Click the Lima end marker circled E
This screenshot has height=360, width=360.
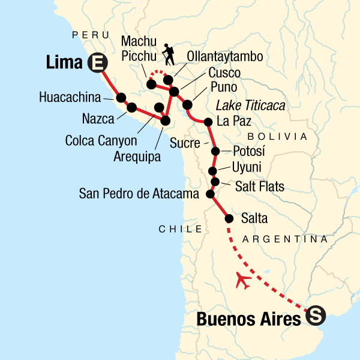coord(95,62)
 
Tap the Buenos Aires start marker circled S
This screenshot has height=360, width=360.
coord(315,315)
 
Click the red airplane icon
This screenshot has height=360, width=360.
coord(244,280)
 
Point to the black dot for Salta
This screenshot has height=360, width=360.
coord(229,219)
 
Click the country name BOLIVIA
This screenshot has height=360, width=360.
coord(272,136)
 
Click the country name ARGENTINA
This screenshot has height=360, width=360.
coord(285,239)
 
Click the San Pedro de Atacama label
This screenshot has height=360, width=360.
coord(139,194)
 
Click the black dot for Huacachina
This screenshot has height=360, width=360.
coord(121,97)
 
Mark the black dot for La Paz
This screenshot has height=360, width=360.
coord(208,122)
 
